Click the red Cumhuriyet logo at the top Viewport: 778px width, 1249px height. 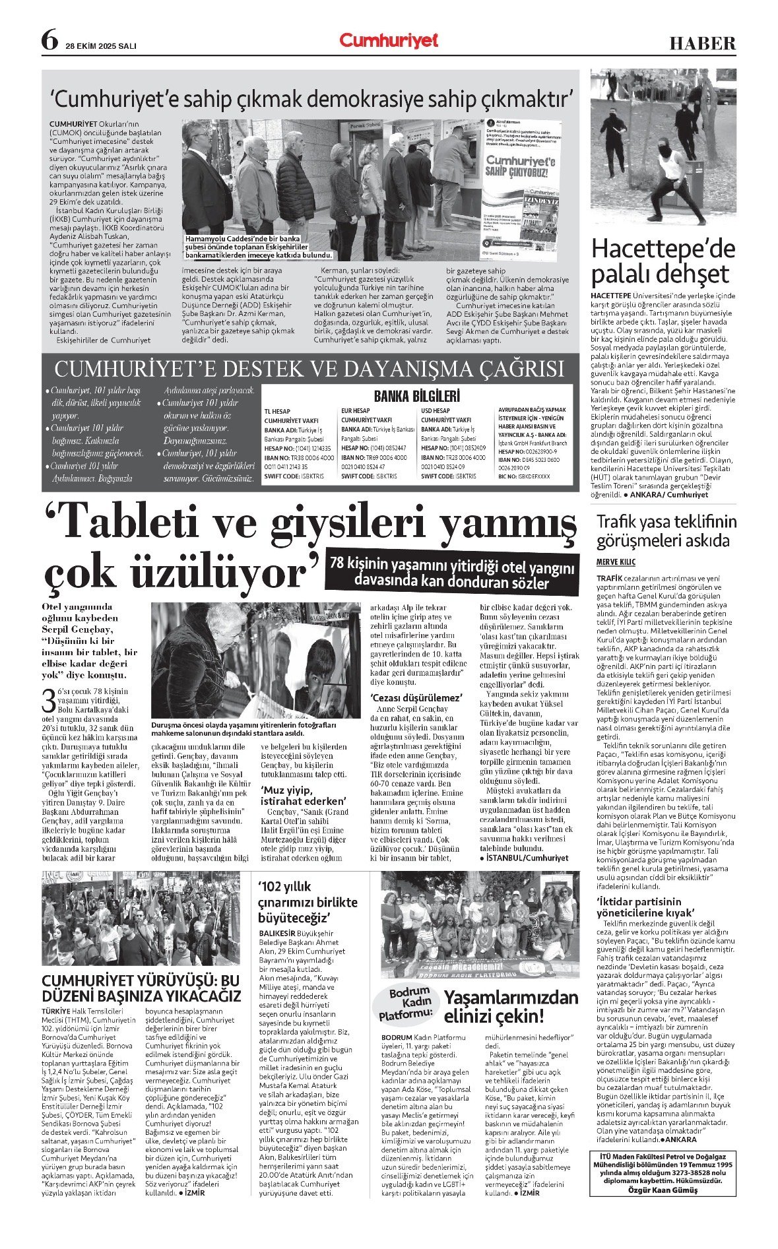click(389, 41)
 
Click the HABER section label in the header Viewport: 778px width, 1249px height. click(702, 44)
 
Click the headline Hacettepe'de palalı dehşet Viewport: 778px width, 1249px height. click(663, 261)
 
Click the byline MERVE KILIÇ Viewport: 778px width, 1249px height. click(616, 561)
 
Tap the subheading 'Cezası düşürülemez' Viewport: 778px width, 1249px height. click(416, 697)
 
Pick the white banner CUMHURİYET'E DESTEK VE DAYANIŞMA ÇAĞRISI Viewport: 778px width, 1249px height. click(309, 368)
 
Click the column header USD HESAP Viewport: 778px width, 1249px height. click(436, 411)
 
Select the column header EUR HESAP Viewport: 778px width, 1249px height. click(355, 411)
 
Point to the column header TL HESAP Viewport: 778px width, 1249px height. click(277, 411)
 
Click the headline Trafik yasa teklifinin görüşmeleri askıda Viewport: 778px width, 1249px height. click(666, 531)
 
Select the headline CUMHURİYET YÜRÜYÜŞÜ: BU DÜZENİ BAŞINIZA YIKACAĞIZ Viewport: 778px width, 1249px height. click(141, 987)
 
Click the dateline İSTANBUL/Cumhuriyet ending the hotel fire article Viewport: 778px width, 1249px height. click(526, 858)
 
